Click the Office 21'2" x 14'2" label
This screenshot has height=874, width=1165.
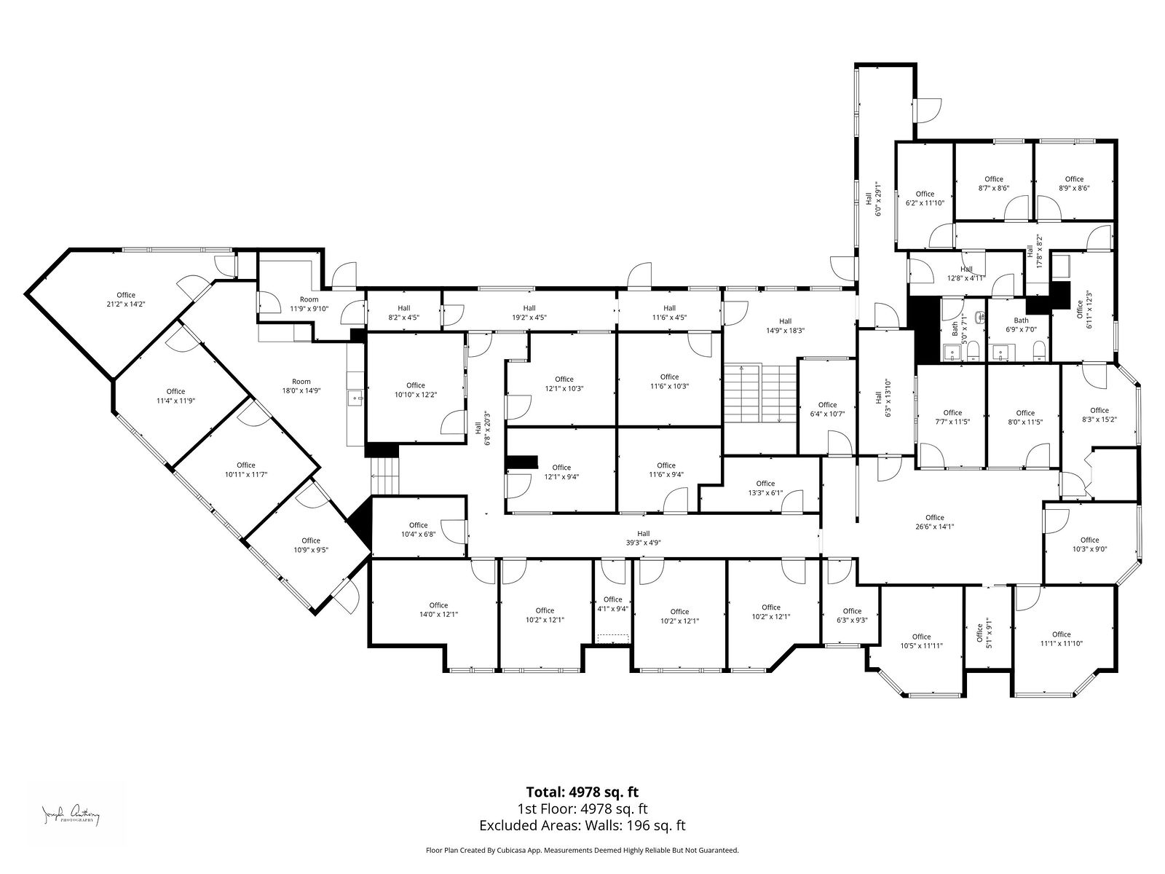[126, 299]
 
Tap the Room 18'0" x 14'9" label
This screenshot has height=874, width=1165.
[301, 386]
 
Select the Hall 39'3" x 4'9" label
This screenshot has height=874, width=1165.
[643, 538]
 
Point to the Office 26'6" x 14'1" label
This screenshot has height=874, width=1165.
[935, 521]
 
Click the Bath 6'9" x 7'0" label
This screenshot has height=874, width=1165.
[1021, 325]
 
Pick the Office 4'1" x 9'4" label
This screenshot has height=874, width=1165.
[612, 604]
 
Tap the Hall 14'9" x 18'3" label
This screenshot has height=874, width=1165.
[786, 326]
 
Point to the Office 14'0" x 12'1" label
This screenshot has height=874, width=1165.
[438, 610]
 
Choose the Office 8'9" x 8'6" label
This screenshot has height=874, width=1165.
[1074, 183]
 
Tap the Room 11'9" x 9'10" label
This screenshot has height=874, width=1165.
[309, 304]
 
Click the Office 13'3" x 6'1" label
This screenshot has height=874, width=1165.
[765, 488]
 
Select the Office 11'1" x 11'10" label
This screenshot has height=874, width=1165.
[1061, 639]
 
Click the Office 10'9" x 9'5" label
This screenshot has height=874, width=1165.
[311, 545]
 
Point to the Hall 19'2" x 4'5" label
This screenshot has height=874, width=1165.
[529, 312]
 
